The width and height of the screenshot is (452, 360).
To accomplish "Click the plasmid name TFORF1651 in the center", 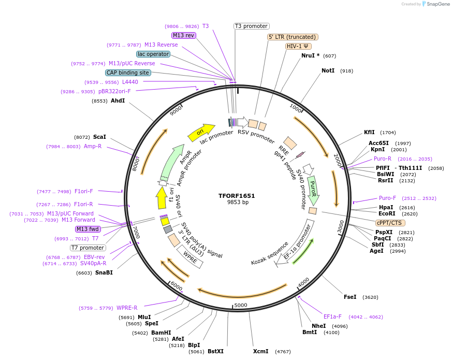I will (x=237, y=196).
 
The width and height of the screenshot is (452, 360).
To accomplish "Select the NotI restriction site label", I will (x=328, y=70).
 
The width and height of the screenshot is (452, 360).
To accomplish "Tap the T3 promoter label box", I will (x=252, y=26).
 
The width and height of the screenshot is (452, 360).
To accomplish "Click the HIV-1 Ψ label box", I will (x=299, y=46).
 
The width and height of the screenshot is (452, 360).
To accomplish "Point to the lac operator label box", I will (x=153, y=54).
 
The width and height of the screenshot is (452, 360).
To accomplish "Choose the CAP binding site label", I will (x=128, y=73).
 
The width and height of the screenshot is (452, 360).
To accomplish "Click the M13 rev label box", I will (x=184, y=35).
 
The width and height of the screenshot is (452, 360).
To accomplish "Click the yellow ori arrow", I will (x=201, y=132).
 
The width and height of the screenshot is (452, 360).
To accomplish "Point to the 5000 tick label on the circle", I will (x=241, y=306).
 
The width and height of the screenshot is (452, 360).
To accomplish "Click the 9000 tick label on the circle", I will (x=177, y=109).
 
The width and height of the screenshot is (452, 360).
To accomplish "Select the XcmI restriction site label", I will (x=260, y=351).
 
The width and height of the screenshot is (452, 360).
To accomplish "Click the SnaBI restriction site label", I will (x=104, y=272).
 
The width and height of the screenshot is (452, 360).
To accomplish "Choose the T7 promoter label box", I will (x=88, y=248).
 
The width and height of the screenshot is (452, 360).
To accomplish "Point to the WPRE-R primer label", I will (x=127, y=308).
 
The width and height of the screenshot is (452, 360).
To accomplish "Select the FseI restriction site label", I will (x=350, y=297).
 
